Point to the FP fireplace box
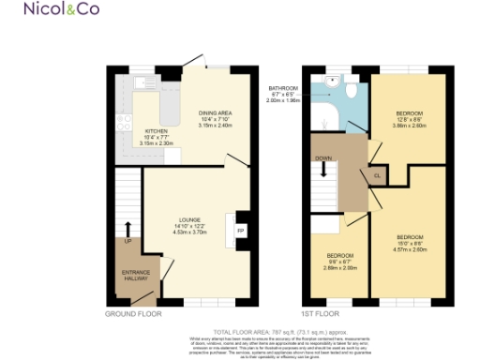pos(241,231)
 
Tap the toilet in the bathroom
pos(348,89)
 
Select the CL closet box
pos(377,175)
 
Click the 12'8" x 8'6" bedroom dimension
pos(408,120)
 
